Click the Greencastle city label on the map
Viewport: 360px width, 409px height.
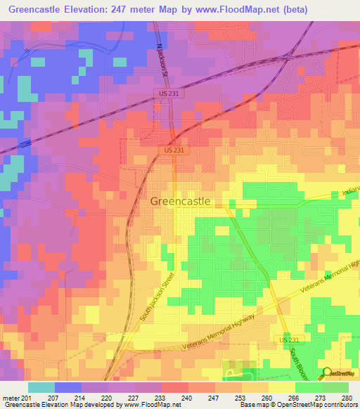180,201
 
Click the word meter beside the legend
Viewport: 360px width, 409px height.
10,397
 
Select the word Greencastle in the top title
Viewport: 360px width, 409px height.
37,10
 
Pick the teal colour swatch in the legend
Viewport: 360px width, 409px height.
41,387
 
